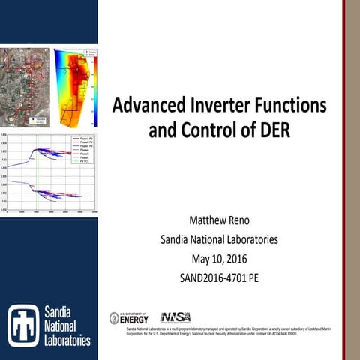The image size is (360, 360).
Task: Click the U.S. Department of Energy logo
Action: [x=129, y=317]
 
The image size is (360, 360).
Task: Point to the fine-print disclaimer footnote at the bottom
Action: [x=217, y=331]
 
